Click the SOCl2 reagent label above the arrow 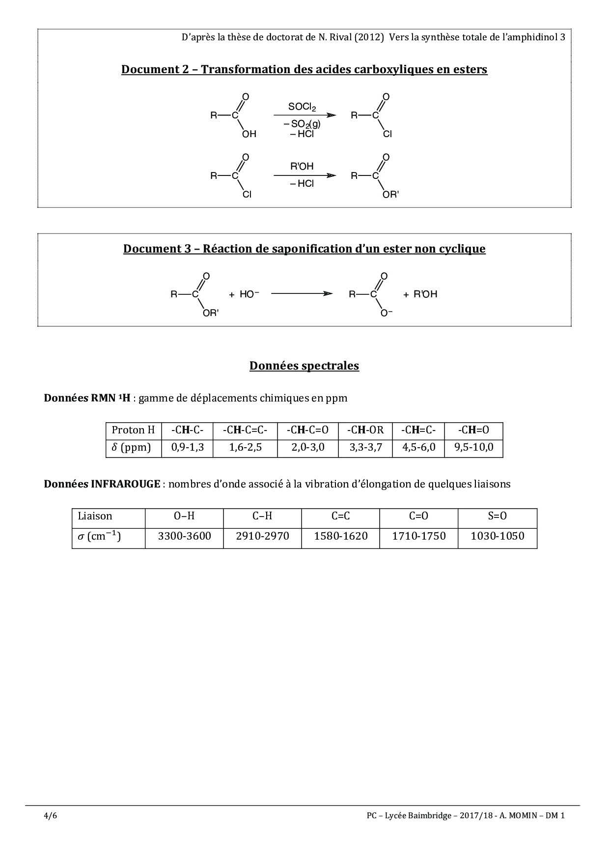pos(302,107)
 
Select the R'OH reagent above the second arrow pos(302,167)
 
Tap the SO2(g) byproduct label pos(304,124)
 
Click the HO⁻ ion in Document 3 pos(249,294)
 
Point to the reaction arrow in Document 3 pos(301,294)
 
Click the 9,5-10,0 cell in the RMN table pos(473,448)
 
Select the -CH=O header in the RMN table pos(473,430)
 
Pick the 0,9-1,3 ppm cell pos(187,448)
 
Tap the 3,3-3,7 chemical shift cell pos(365,448)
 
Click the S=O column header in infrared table pos(497,516)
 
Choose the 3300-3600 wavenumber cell pos(184,536)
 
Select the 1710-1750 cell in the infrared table pos(419,536)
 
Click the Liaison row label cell pos(95,516)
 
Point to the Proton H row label pos(133,430)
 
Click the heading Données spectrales pos(304,366)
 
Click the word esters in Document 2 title pos(468,69)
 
